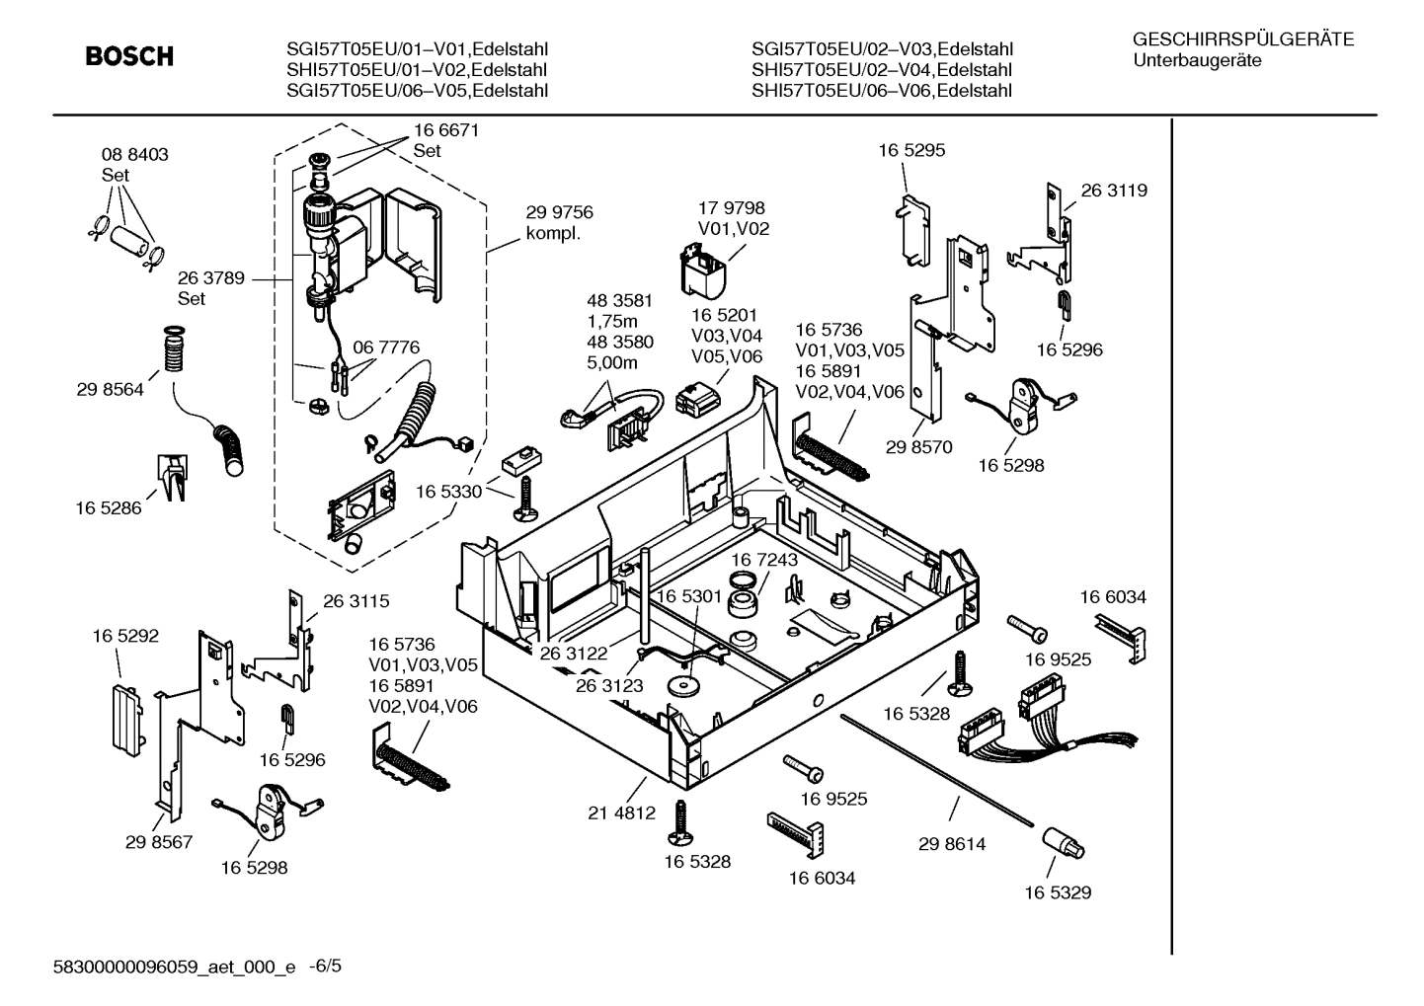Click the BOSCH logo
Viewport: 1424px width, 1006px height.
click(x=128, y=57)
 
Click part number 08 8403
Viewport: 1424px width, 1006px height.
click(x=134, y=155)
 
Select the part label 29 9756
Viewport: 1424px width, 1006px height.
click(x=559, y=212)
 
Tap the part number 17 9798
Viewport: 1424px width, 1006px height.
click(x=731, y=208)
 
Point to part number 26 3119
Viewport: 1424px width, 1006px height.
click(x=1114, y=191)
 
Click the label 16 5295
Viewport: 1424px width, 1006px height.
click(x=911, y=151)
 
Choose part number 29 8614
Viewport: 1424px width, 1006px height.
click(x=952, y=844)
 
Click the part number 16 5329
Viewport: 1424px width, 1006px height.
click(x=1058, y=892)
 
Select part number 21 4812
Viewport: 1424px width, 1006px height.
click(x=622, y=813)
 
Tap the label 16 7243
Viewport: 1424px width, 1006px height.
click(x=764, y=560)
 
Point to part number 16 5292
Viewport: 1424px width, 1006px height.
click(x=125, y=637)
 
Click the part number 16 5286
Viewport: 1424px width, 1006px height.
click(x=108, y=508)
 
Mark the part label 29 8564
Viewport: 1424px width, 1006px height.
click(x=110, y=390)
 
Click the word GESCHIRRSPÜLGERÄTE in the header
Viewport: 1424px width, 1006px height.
click(x=1243, y=39)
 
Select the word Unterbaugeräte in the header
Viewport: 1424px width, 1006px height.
click(x=1197, y=60)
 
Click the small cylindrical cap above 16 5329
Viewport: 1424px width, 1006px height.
click(x=1063, y=843)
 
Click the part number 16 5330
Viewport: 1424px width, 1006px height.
click(x=448, y=492)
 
